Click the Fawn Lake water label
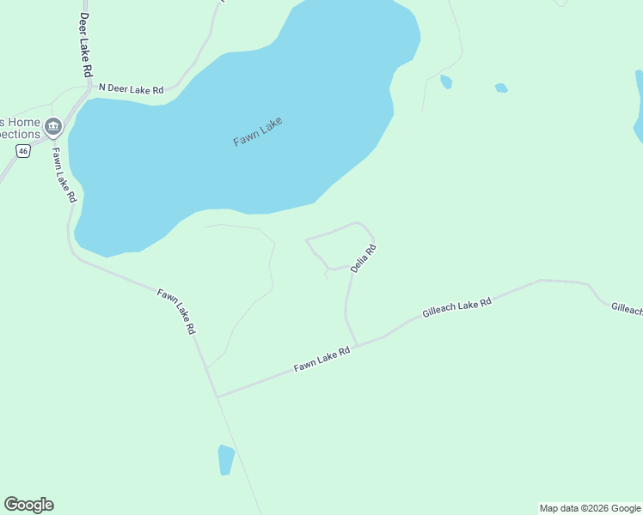pos(258,131)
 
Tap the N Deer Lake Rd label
pos(131,88)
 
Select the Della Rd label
pos(364,259)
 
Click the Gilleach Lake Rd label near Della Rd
pos(456,309)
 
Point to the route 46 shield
pos(23,151)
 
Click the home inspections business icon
pos(53,128)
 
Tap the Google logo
pos(28,505)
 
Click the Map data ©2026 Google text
pos(590,508)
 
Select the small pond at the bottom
pos(226,459)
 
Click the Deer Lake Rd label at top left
pos(84,45)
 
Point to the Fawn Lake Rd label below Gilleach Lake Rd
pos(322,359)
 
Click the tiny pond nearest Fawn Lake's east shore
pos(446,82)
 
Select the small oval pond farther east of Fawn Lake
pos(501,88)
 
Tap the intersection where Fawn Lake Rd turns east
pos(217,397)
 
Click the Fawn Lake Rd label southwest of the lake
pos(177,311)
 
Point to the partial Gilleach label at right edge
pos(627,309)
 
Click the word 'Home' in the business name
pos(27,121)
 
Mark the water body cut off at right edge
pos(638,107)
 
